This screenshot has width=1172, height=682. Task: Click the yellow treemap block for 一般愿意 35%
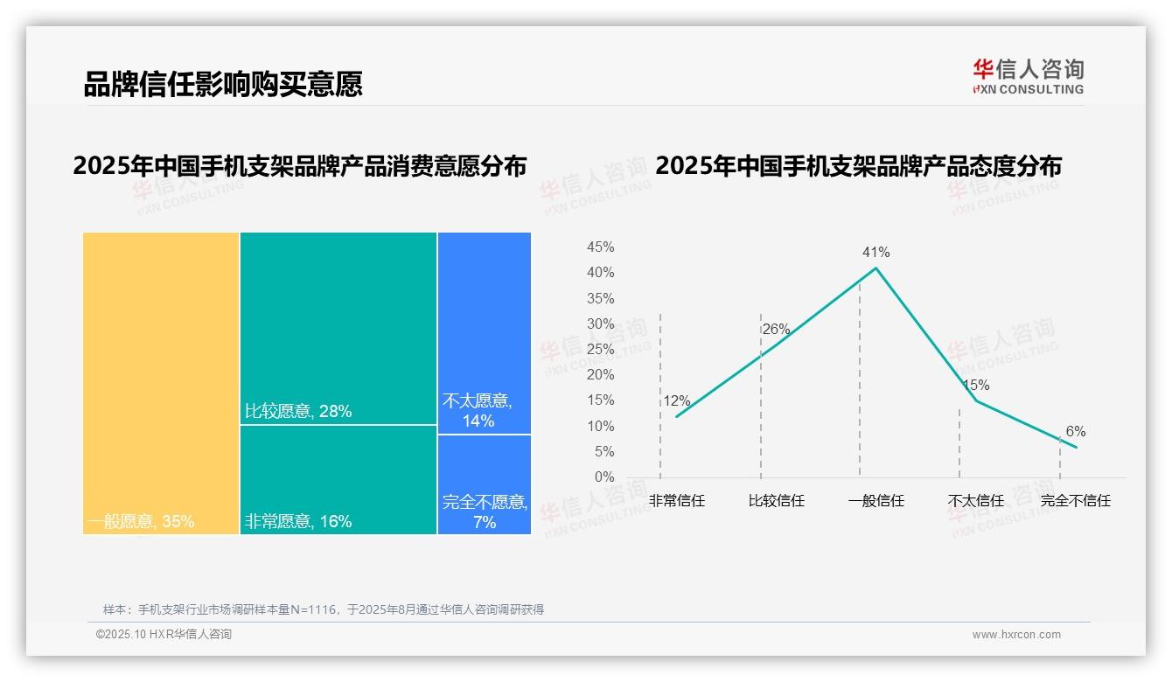(x=161, y=382)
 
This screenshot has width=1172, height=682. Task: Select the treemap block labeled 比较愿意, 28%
(x=338, y=328)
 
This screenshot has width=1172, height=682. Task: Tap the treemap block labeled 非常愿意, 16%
(x=338, y=479)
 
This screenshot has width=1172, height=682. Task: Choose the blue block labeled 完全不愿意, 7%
(x=484, y=484)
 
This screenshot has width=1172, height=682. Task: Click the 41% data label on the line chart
(x=876, y=253)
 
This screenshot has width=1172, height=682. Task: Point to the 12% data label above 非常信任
(x=676, y=401)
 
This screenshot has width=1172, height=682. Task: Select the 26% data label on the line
(x=776, y=330)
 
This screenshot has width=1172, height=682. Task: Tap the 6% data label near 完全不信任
(x=1075, y=432)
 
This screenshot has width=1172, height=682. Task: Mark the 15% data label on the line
(x=975, y=386)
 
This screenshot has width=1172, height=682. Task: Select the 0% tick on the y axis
(x=604, y=477)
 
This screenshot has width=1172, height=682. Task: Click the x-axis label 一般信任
(x=876, y=502)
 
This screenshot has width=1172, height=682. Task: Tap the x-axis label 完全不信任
(x=1075, y=502)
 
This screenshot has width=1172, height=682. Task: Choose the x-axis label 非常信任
(x=676, y=502)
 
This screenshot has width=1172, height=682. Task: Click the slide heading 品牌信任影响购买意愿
(x=223, y=84)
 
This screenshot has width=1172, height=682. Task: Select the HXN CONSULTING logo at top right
(x=1028, y=77)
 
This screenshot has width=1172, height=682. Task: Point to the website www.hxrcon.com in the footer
(x=1016, y=635)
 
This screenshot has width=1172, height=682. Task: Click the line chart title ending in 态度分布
(x=858, y=165)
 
